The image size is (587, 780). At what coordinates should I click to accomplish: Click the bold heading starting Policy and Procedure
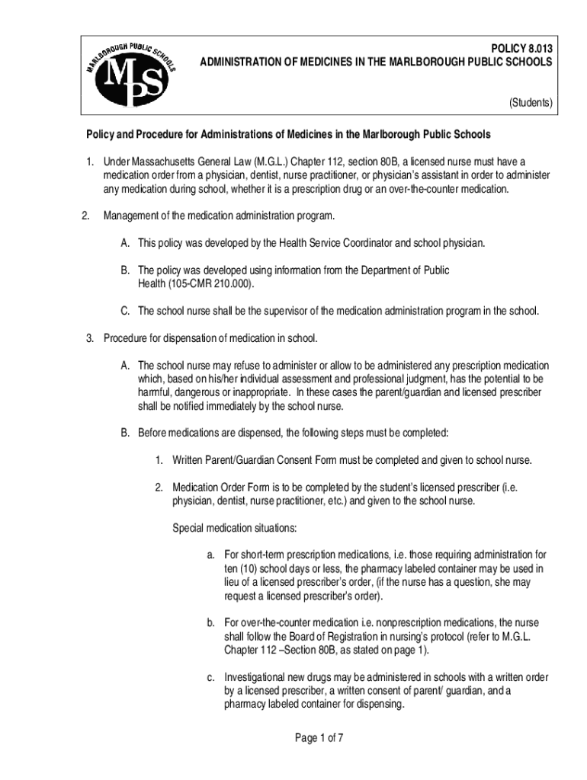[x=287, y=135]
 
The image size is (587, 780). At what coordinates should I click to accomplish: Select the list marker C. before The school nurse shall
[x=124, y=311]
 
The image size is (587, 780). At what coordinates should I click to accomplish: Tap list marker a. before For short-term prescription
[x=211, y=555]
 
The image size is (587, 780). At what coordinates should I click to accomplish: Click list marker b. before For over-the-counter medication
[x=211, y=622]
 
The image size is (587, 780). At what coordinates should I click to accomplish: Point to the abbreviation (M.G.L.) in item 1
[x=267, y=161]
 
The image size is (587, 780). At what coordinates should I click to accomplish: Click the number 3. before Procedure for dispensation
[x=89, y=337]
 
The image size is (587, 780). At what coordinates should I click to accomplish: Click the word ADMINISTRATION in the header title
[x=244, y=62]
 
